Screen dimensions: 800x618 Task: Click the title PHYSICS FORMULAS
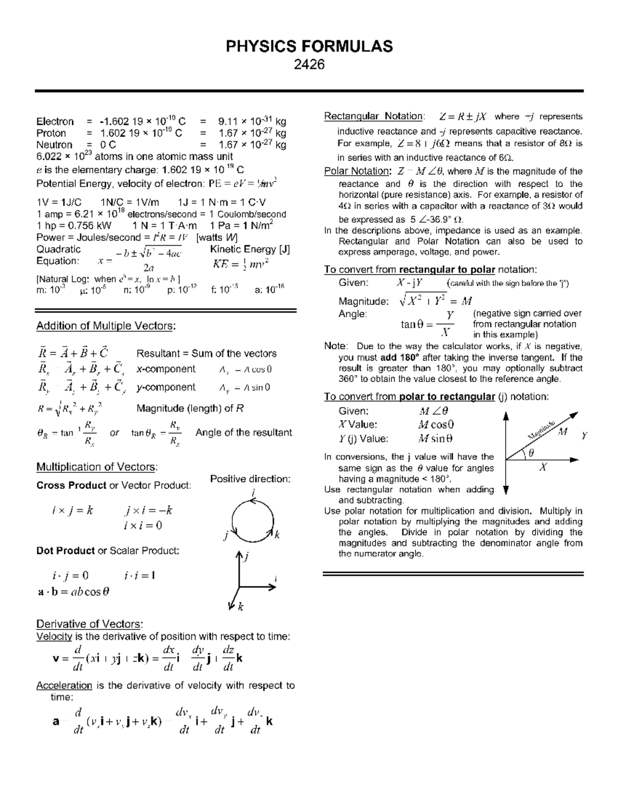click(x=309, y=46)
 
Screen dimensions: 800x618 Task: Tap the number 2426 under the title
click(x=309, y=65)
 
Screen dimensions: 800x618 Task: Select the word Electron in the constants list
click(x=55, y=122)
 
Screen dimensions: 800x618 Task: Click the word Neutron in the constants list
click(x=54, y=145)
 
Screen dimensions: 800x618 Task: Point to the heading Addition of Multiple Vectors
click(x=106, y=326)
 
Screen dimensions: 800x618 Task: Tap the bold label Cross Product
click(x=71, y=485)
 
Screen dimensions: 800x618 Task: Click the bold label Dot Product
click(x=65, y=551)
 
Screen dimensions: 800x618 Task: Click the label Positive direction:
click(x=250, y=479)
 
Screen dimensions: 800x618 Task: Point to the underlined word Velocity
click(x=54, y=637)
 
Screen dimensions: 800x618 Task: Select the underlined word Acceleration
click(x=64, y=686)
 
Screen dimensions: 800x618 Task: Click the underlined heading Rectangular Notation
click(x=374, y=116)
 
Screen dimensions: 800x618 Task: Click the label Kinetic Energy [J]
click(x=250, y=250)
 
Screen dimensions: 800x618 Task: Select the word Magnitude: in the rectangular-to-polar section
click(x=363, y=301)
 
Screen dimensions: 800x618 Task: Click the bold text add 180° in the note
click(x=400, y=358)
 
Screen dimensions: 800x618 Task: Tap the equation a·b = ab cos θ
click(x=74, y=592)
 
